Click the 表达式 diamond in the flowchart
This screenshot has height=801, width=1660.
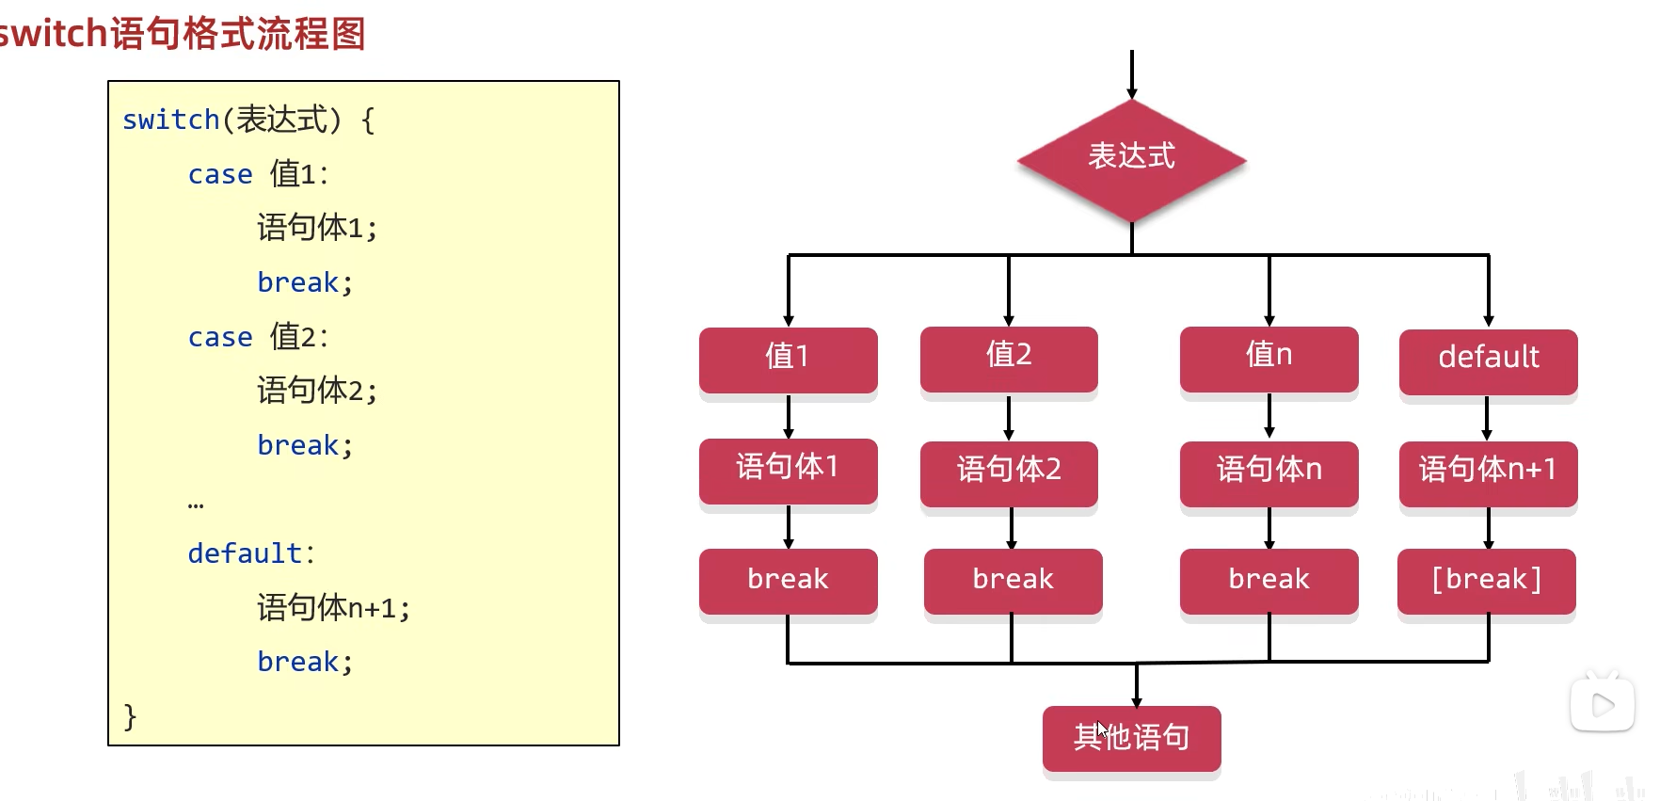pos(1131,158)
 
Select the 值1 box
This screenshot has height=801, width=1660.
pos(788,358)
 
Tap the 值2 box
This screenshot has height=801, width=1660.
pos(1009,357)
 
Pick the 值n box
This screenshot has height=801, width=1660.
pos(1269,357)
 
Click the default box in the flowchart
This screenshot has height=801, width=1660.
pos(1488,360)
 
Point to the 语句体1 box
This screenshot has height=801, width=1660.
pos(788,469)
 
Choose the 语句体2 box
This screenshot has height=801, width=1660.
pos(1009,471)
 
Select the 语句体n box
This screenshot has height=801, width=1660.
pos(1269,471)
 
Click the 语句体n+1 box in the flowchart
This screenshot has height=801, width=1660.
pos(1488,471)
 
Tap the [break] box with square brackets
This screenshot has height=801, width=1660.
pos(1486,580)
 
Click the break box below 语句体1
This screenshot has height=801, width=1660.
pos(788,580)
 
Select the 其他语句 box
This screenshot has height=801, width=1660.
pos(1131,737)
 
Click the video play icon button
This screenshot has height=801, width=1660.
pos(1602,704)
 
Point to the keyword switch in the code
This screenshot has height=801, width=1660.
pos(170,120)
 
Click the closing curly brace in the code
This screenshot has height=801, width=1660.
pos(130,716)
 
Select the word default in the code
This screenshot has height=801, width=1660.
pos(245,553)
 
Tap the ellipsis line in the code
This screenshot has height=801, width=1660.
pos(196,505)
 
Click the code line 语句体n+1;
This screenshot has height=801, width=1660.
pos(333,608)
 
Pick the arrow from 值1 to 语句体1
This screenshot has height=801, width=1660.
pos(789,416)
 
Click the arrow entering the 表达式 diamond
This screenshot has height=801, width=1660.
pos(1131,75)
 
